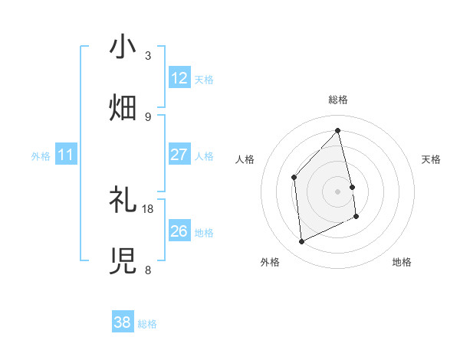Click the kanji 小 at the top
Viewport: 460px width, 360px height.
point(123,47)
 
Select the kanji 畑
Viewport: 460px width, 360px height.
point(123,106)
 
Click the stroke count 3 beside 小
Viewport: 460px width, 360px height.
point(148,56)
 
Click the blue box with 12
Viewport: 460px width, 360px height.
point(179,78)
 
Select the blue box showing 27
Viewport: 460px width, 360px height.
point(179,155)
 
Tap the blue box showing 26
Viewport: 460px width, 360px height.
point(179,231)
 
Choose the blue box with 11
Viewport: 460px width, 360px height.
point(66,155)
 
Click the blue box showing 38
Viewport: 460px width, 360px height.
point(123,322)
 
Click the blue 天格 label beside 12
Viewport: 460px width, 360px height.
point(204,80)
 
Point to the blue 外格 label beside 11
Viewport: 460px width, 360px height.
point(41,156)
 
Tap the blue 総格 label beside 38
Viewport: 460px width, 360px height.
point(147,324)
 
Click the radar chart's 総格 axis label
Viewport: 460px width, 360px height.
point(338,100)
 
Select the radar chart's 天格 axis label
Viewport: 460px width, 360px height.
point(432,159)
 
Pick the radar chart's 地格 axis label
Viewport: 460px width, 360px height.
point(402,262)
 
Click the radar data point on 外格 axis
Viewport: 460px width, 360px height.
point(301,242)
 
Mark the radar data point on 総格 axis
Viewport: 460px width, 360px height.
point(338,130)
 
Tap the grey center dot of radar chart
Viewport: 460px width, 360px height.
point(338,191)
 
